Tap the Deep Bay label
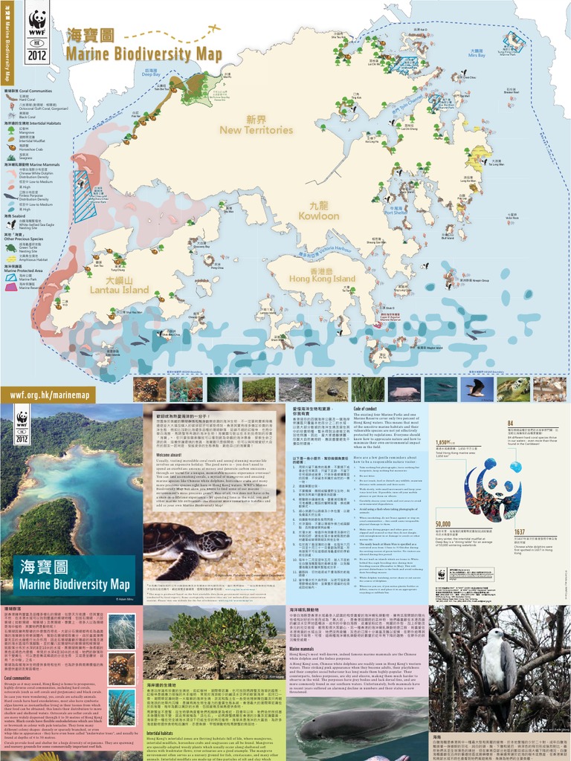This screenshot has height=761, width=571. [x=151, y=73]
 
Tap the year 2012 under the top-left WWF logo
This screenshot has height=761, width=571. [x=36, y=54]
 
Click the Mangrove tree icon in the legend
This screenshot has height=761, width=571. [x=12, y=129]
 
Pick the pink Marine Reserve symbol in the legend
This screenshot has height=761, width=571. [x=11, y=285]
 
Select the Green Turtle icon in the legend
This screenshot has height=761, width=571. [x=12, y=247]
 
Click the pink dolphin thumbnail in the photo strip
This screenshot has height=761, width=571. [x=404, y=389]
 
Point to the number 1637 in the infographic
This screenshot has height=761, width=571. [x=520, y=532]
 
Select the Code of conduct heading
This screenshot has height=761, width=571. [x=370, y=409]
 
